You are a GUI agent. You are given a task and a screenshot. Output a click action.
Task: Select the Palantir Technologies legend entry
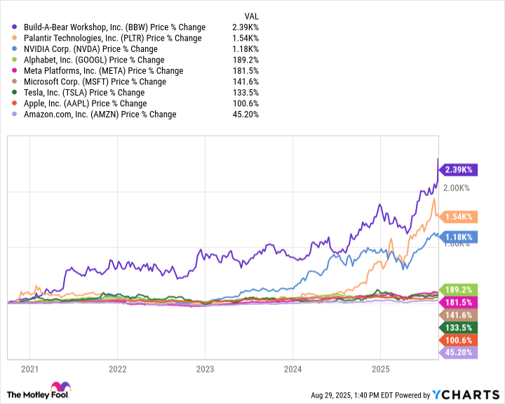pyautogui.click(x=111, y=38)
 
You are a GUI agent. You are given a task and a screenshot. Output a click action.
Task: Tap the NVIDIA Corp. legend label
pyautogui.click(x=90, y=49)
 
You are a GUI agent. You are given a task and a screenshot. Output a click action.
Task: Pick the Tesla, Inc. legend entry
pyautogui.click(x=83, y=92)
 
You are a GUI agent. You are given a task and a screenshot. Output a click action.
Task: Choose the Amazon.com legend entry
pyautogui.click(x=98, y=114)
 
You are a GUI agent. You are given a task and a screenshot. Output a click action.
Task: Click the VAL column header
pyautogui.click(x=251, y=15)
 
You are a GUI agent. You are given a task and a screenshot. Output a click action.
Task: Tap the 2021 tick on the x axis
pyautogui.click(x=30, y=369)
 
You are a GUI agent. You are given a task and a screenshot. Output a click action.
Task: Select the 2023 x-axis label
pyautogui.click(x=205, y=369)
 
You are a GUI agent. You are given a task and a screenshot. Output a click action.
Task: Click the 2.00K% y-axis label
pyautogui.click(x=455, y=188)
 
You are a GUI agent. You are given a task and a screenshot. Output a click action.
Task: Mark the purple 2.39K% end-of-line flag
pyautogui.click(x=458, y=170)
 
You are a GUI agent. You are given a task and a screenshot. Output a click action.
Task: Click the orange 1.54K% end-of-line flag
pyautogui.click(x=458, y=218)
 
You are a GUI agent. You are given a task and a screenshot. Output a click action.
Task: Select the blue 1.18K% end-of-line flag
pyautogui.click(x=458, y=237)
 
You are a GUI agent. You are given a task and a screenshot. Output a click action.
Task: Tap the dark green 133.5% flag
pyautogui.click(x=458, y=327)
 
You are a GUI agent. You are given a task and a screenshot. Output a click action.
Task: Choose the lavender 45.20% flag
pyautogui.click(x=458, y=353)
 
